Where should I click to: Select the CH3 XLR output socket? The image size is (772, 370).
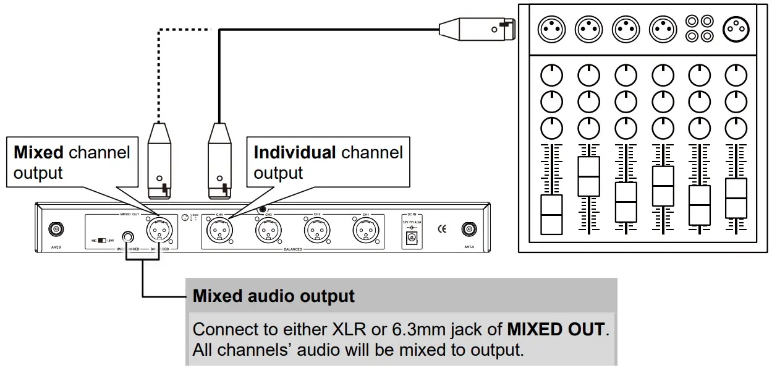[267, 232]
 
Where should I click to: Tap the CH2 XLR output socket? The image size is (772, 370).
[316, 232]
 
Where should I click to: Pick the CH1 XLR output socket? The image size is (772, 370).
[365, 232]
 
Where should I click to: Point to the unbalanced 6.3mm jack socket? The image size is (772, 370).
[129, 236]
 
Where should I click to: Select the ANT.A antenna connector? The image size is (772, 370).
[469, 230]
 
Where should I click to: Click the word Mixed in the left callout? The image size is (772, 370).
[38, 152]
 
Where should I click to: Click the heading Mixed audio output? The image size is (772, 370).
[274, 296]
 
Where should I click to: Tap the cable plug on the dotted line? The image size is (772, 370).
[160, 160]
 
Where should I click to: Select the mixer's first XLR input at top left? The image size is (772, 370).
[551, 28]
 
